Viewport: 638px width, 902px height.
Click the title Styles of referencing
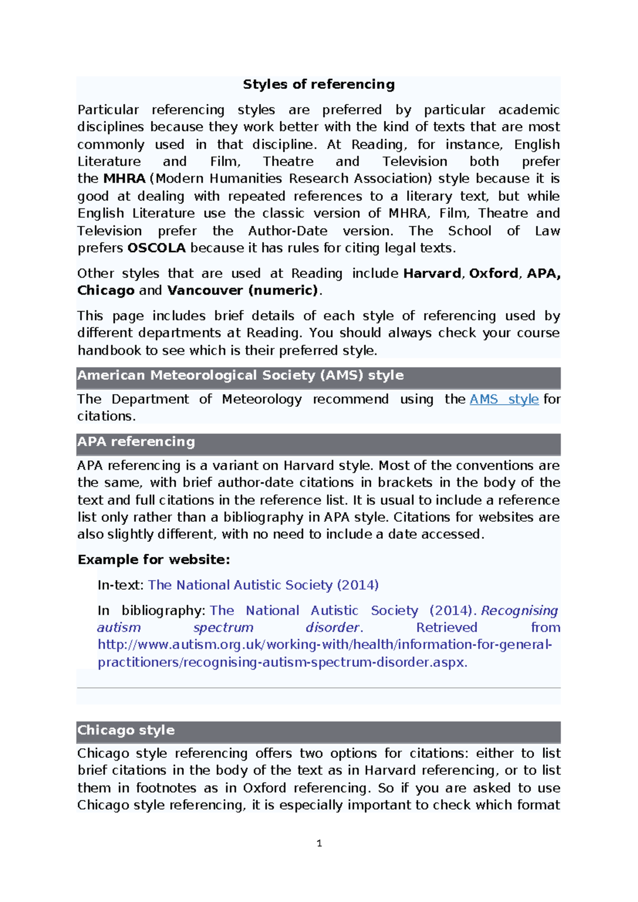click(x=318, y=85)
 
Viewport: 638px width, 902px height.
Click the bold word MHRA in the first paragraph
click(x=124, y=179)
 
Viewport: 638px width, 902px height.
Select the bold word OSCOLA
click(x=157, y=248)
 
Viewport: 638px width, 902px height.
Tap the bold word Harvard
click(x=432, y=273)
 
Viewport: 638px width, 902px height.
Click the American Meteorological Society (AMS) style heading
click(x=240, y=375)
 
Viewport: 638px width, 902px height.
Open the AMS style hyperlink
click(x=504, y=399)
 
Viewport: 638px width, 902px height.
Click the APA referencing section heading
click(x=136, y=442)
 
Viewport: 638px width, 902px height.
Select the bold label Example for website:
click(x=154, y=559)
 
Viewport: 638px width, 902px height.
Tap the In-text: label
click(x=120, y=585)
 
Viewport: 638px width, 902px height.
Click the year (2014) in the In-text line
click(x=358, y=585)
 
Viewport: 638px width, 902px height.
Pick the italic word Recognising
click(x=519, y=611)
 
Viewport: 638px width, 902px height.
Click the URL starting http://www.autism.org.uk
click(x=324, y=645)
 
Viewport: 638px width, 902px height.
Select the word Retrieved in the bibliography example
click(x=447, y=628)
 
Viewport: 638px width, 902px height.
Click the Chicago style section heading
click(x=126, y=730)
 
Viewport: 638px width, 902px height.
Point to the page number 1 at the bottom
click(x=319, y=843)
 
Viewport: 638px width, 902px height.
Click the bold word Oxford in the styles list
click(x=493, y=273)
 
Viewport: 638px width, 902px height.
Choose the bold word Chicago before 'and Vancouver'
click(x=106, y=290)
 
